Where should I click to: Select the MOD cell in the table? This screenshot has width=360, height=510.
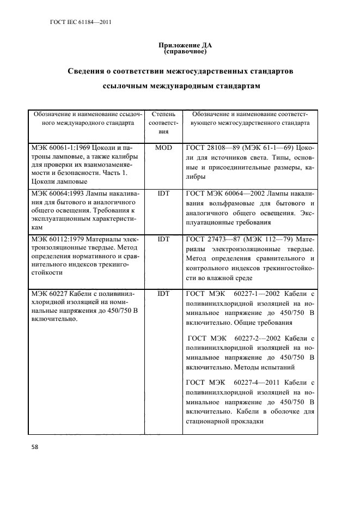pyautogui.click(x=163, y=148)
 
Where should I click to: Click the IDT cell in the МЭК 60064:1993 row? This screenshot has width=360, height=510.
pyautogui.click(x=163, y=192)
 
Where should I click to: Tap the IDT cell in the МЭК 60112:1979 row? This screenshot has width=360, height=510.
pyautogui.click(x=163, y=238)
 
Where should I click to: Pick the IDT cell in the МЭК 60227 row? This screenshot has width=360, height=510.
pyautogui.click(x=163, y=294)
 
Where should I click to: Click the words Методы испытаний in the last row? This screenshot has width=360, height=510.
pyautogui.click(x=253, y=367)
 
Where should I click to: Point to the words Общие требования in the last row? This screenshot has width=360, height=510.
pyautogui.click(x=255, y=322)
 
